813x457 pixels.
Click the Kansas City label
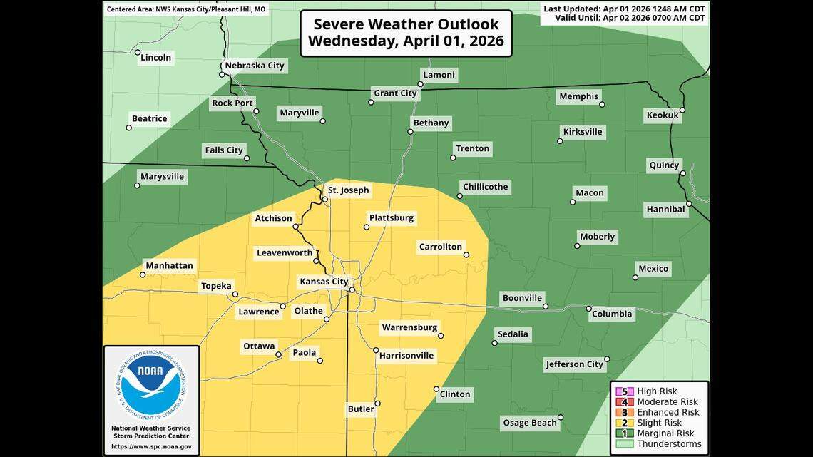[x=323, y=282]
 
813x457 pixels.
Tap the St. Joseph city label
[x=348, y=190]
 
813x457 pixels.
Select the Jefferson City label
[x=574, y=364]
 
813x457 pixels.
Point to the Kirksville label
[x=582, y=132]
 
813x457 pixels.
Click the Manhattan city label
[x=169, y=266]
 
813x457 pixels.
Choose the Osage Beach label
[x=529, y=423]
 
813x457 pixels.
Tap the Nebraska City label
[x=254, y=66]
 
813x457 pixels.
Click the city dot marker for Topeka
[x=235, y=293]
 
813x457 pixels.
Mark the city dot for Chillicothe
[x=460, y=195]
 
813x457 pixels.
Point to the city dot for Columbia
[x=589, y=309]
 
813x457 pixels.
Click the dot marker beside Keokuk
[x=682, y=110]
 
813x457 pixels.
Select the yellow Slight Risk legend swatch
[x=625, y=423]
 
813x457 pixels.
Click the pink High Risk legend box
[x=625, y=391]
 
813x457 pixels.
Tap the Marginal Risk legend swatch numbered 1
[x=625, y=433]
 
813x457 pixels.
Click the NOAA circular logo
[x=151, y=386]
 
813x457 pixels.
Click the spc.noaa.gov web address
[x=151, y=447]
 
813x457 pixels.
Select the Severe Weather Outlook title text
[x=406, y=32]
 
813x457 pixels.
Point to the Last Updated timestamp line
[x=624, y=9]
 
